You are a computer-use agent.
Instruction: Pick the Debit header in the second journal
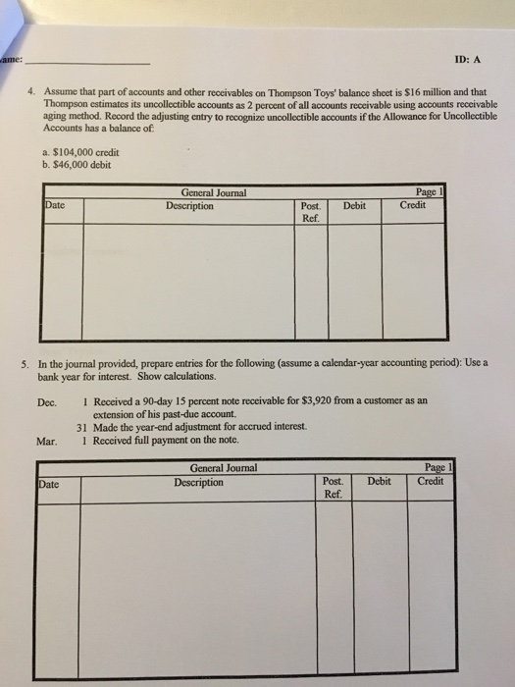pos(379,481)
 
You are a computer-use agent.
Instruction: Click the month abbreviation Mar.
pos(47,441)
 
